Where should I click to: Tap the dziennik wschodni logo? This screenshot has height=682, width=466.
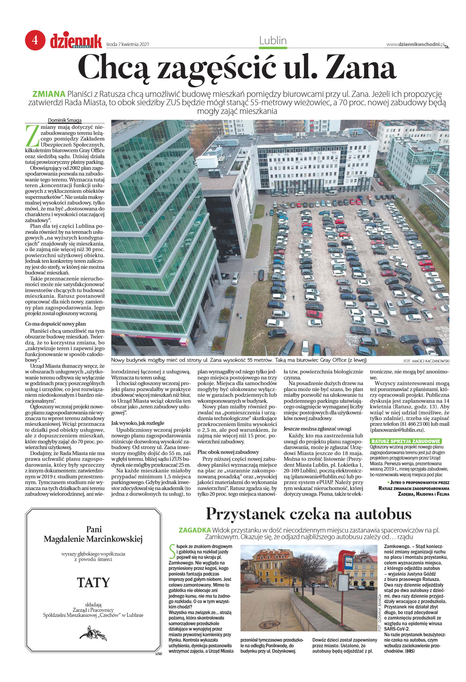(76, 41)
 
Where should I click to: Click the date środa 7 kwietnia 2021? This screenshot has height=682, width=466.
(128, 45)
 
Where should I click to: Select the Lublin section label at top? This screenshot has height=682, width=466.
(273, 40)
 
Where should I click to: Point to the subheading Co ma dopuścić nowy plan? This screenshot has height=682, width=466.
(55, 324)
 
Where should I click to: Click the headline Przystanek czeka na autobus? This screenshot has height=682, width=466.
(309, 514)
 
